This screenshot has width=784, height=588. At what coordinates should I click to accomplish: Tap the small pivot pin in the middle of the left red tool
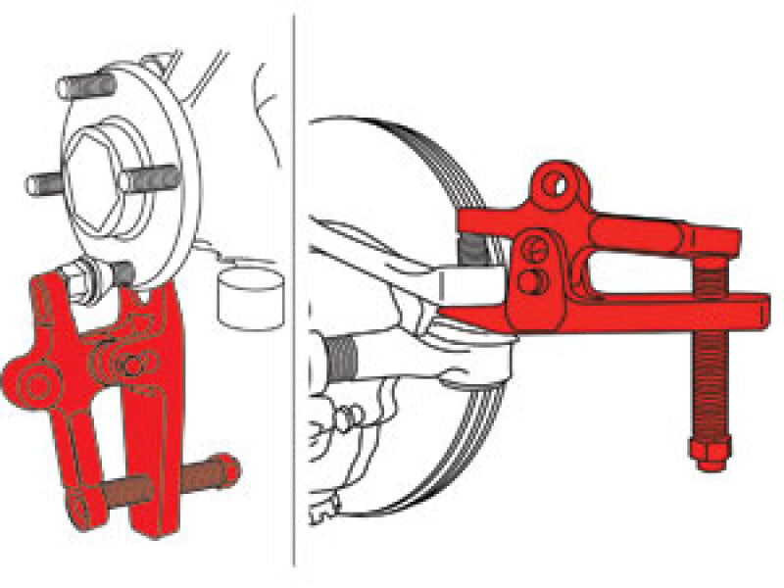pos(128,365)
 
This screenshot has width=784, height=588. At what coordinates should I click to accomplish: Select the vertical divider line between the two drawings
pos(295,294)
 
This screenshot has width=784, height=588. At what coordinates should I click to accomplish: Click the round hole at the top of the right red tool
pos(562,183)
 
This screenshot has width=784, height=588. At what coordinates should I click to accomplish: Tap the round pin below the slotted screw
pos(530,282)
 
